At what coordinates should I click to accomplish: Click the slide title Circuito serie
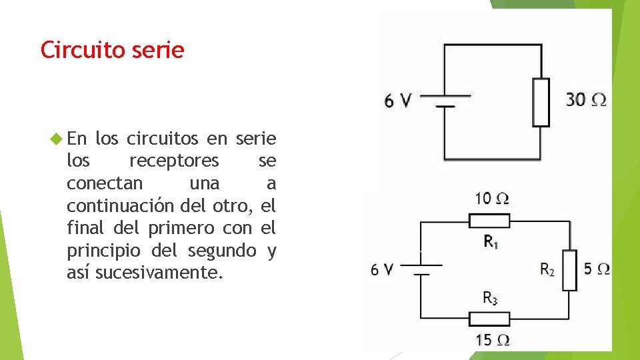[112, 50]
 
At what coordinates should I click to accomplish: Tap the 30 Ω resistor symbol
[541, 102]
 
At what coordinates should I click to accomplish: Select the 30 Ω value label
[586, 100]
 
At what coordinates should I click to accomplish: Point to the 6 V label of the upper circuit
[398, 101]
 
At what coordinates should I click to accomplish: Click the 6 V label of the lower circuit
[383, 269]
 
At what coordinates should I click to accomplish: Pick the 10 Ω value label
[492, 198]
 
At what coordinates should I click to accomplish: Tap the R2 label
[547, 269]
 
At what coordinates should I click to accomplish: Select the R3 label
[490, 299]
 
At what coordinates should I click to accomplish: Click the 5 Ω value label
[596, 269]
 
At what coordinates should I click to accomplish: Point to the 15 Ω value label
[493, 340]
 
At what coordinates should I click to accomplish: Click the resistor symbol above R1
[490, 221]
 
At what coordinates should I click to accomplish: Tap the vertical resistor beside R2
[569, 270]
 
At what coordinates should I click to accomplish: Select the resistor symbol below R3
[490, 319]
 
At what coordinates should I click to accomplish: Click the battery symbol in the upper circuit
[445, 100]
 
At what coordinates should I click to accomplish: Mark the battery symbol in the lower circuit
[420, 269]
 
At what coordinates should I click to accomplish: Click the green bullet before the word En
[56, 139]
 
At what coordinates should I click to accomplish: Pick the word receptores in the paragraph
[173, 161]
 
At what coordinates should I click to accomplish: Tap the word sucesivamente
[157, 272]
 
